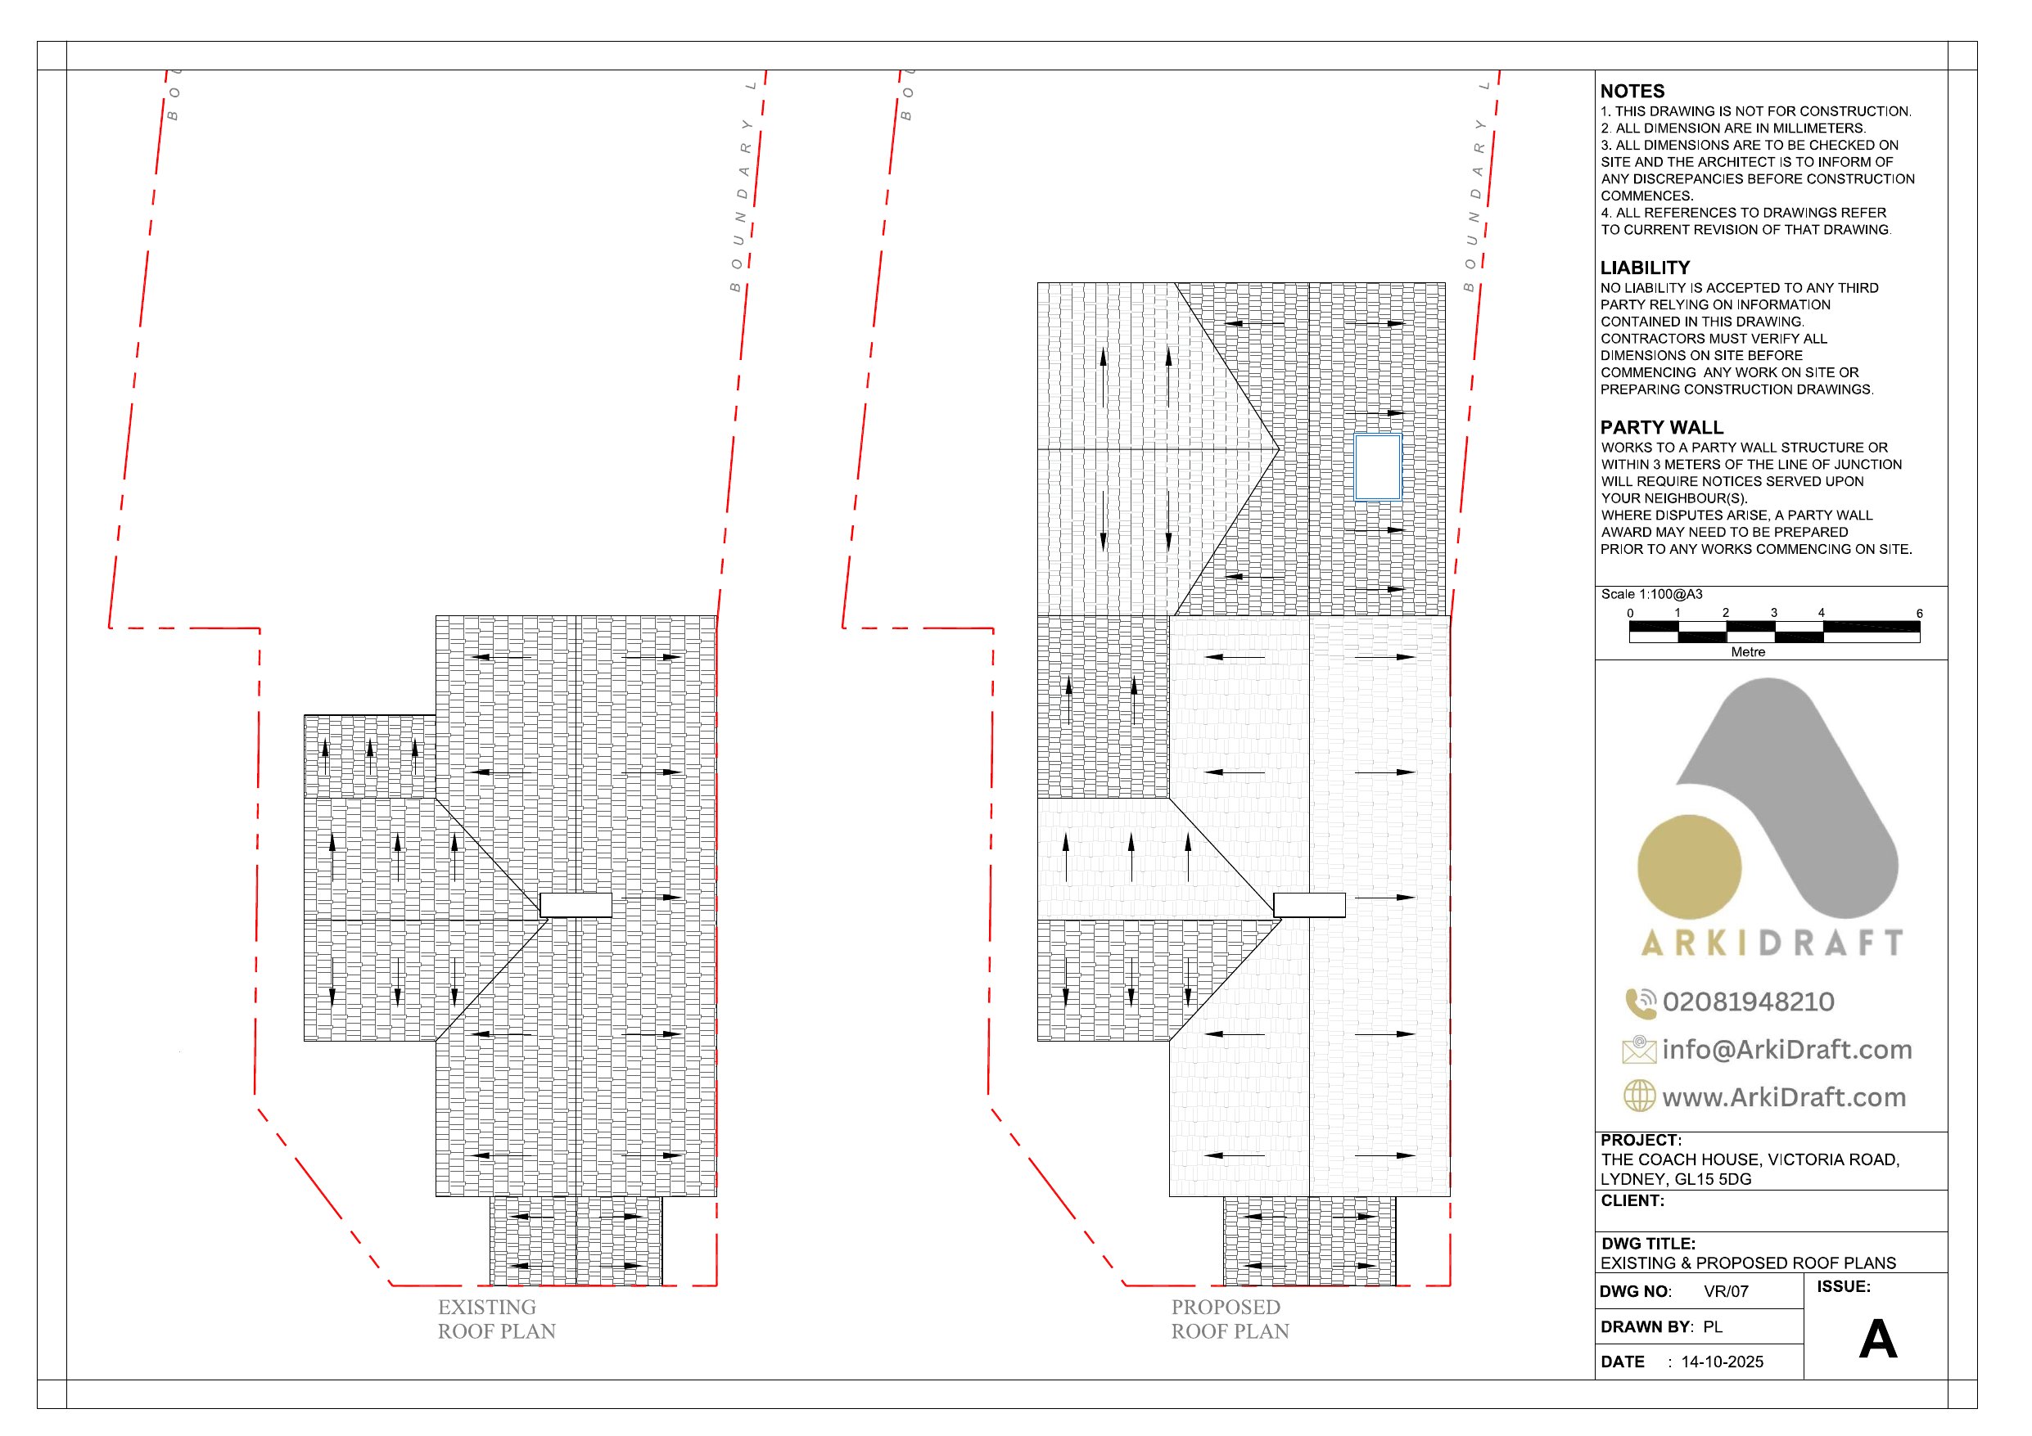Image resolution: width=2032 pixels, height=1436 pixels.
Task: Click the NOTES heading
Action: point(1632,91)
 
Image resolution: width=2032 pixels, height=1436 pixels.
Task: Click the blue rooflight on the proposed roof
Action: point(1378,467)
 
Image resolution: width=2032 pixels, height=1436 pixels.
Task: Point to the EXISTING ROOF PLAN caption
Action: point(496,1319)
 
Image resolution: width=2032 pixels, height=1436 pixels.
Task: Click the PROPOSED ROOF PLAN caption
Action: point(1230,1319)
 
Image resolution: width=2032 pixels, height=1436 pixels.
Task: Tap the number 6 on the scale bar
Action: point(1919,613)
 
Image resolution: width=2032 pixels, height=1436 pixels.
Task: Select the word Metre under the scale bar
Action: point(1748,652)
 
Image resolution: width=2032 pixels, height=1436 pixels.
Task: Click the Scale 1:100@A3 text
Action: point(1651,595)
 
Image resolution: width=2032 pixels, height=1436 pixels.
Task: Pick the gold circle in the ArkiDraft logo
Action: point(1689,867)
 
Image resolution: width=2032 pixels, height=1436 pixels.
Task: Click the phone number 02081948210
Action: point(1748,1002)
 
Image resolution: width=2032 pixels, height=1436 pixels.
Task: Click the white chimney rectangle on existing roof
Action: point(576,905)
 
